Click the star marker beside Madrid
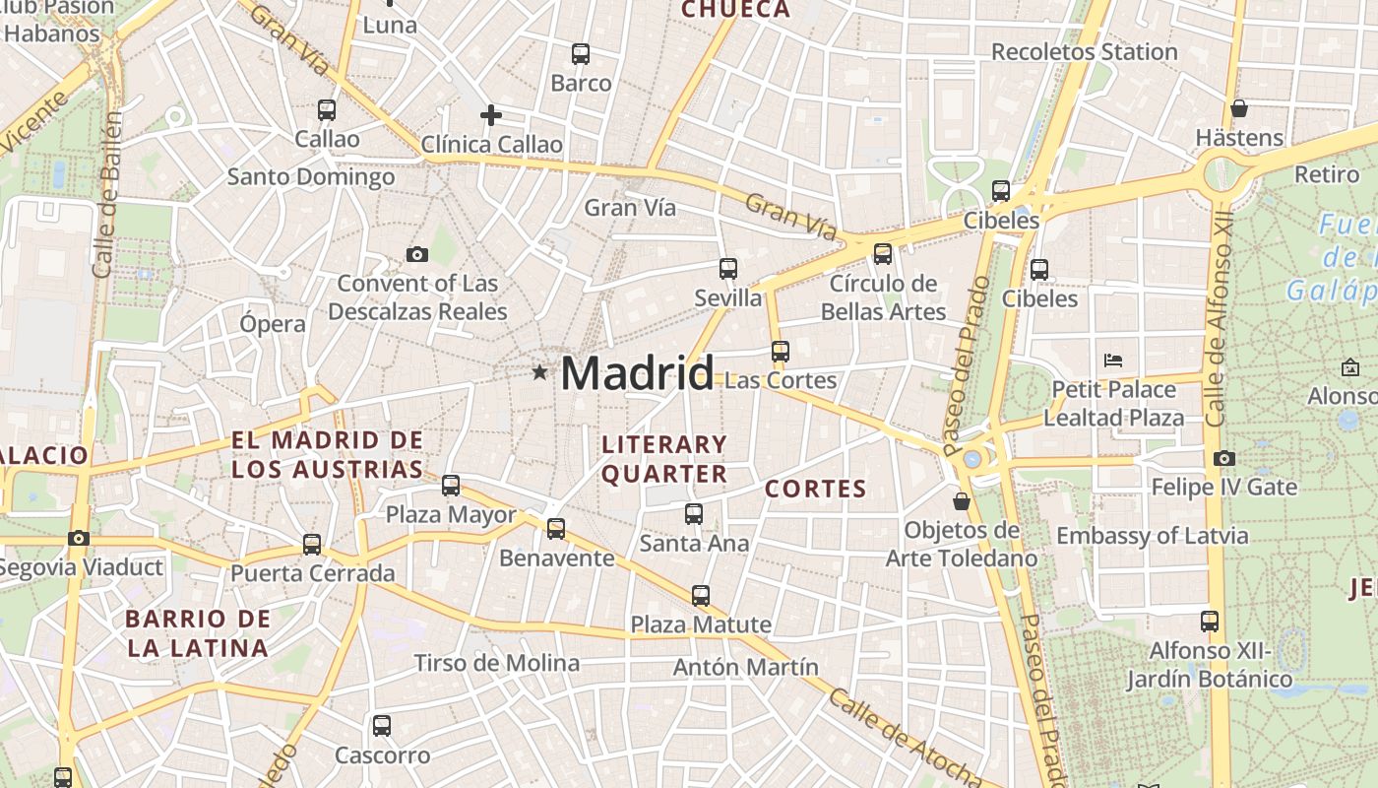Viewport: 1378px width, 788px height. coord(539,372)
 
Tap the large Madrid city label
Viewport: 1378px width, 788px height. coord(637,374)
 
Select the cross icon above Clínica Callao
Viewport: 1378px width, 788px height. coord(491,115)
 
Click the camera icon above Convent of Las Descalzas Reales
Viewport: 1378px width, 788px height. coord(417,255)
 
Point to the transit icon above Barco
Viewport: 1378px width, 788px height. coord(581,54)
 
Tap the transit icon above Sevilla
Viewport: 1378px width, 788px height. coord(728,268)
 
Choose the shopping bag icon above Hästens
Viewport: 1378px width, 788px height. coord(1239,108)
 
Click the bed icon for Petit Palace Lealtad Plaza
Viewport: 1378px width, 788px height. coord(1113,360)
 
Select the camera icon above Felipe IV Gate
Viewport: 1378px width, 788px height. coord(1224,458)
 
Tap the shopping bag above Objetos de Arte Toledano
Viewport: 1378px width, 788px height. coord(962,501)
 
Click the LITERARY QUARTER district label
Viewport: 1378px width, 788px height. coord(664,459)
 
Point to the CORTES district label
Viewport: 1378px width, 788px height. coord(816,489)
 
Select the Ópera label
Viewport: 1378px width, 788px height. coord(273,323)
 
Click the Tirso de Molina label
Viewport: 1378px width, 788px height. coord(496,663)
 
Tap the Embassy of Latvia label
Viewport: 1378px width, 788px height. coord(1153,536)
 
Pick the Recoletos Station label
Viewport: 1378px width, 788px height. coord(1084,51)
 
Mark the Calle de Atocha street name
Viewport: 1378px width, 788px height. coord(905,738)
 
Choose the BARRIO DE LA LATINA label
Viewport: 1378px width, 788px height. coord(198,633)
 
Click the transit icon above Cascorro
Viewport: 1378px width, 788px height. coord(382,726)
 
